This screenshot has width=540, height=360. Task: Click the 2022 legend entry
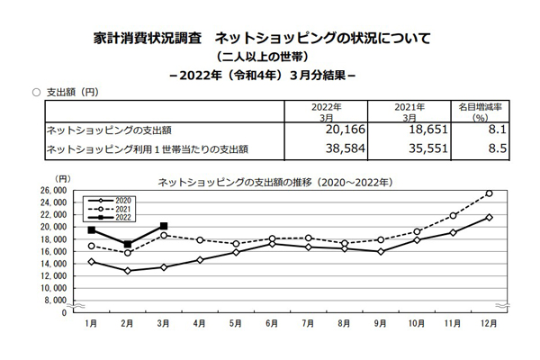coord(114,217)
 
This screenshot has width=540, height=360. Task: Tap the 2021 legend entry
coord(114,209)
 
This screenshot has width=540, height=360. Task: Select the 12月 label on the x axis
coord(489,322)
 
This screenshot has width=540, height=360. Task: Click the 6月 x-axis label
coord(271,322)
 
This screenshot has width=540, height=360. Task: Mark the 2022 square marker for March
coord(163,227)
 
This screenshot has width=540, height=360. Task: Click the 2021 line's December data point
coord(489,193)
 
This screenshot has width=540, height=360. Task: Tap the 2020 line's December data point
coord(489,217)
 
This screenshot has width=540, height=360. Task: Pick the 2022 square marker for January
coord(91,230)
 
